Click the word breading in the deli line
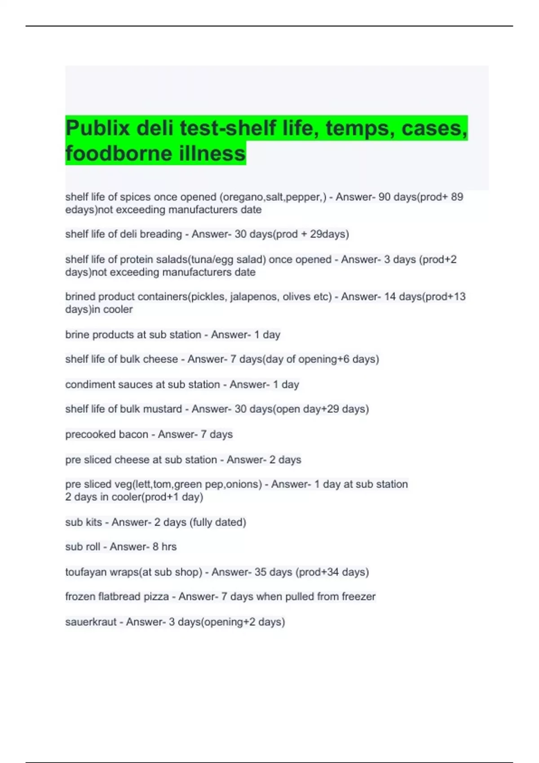click(x=161, y=234)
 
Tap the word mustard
click(x=164, y=409)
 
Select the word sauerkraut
click(x=91, y=622)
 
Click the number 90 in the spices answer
click(x=384, y=197)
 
